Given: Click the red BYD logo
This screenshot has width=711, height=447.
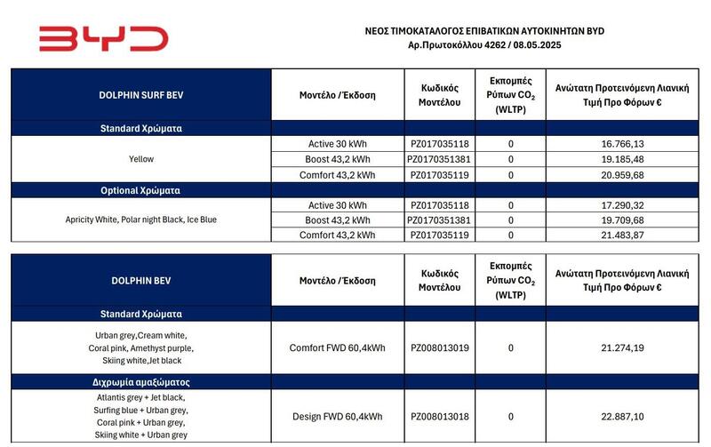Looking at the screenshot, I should (x=103, y=38).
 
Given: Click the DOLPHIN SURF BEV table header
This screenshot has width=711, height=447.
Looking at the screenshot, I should (x=140, y=95).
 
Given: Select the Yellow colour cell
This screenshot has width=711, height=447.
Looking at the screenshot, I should (x=140, y=159).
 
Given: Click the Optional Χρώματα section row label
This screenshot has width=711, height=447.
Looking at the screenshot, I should (x=140, y=190).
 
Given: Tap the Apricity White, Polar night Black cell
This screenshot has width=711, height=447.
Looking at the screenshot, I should (x=140, y=220).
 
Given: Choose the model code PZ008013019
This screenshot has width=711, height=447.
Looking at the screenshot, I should (x=439, y=347).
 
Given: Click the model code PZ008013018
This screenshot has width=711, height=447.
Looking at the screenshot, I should (x=439, y=416).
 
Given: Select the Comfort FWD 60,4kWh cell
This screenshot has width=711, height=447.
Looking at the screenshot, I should (x=338, y=347).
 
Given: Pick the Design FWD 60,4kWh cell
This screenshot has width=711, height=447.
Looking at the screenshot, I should (x=338, y=416).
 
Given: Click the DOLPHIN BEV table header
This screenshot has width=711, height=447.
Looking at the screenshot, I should (x=140, y=280).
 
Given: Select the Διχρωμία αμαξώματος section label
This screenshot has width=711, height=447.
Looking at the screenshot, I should (x=140, y=381).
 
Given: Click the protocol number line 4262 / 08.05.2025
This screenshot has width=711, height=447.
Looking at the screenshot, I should (x=483, y=44).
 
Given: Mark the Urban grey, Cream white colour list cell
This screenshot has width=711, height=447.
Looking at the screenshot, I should (x=140, y=342).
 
